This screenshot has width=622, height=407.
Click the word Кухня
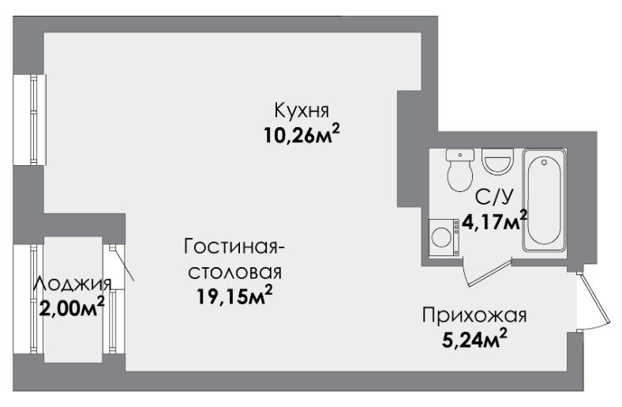302,111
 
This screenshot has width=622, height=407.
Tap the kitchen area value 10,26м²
302,135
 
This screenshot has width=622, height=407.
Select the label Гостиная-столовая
235,259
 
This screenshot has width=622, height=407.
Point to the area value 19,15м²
235,296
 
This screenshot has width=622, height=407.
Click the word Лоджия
72,285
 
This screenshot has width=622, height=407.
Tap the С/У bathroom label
494,198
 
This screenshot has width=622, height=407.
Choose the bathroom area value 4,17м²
496,220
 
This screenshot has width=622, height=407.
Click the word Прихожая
474,315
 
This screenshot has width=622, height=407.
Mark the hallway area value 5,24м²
474,339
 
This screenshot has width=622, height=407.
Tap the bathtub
545,200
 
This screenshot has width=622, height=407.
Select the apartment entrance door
594,301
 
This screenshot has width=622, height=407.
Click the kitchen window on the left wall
30,119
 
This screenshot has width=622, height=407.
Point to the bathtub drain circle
545,162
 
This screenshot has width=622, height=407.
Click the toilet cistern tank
459,155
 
